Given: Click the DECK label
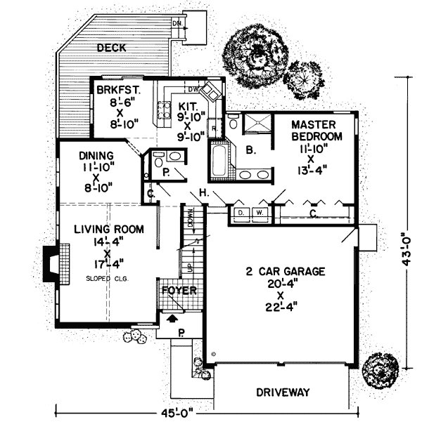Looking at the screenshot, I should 111,48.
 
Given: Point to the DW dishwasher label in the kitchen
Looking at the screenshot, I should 194,89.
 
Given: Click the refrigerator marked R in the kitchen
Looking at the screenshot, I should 213,129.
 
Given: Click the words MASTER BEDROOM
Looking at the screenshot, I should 317,130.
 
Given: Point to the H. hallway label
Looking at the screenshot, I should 203,193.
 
